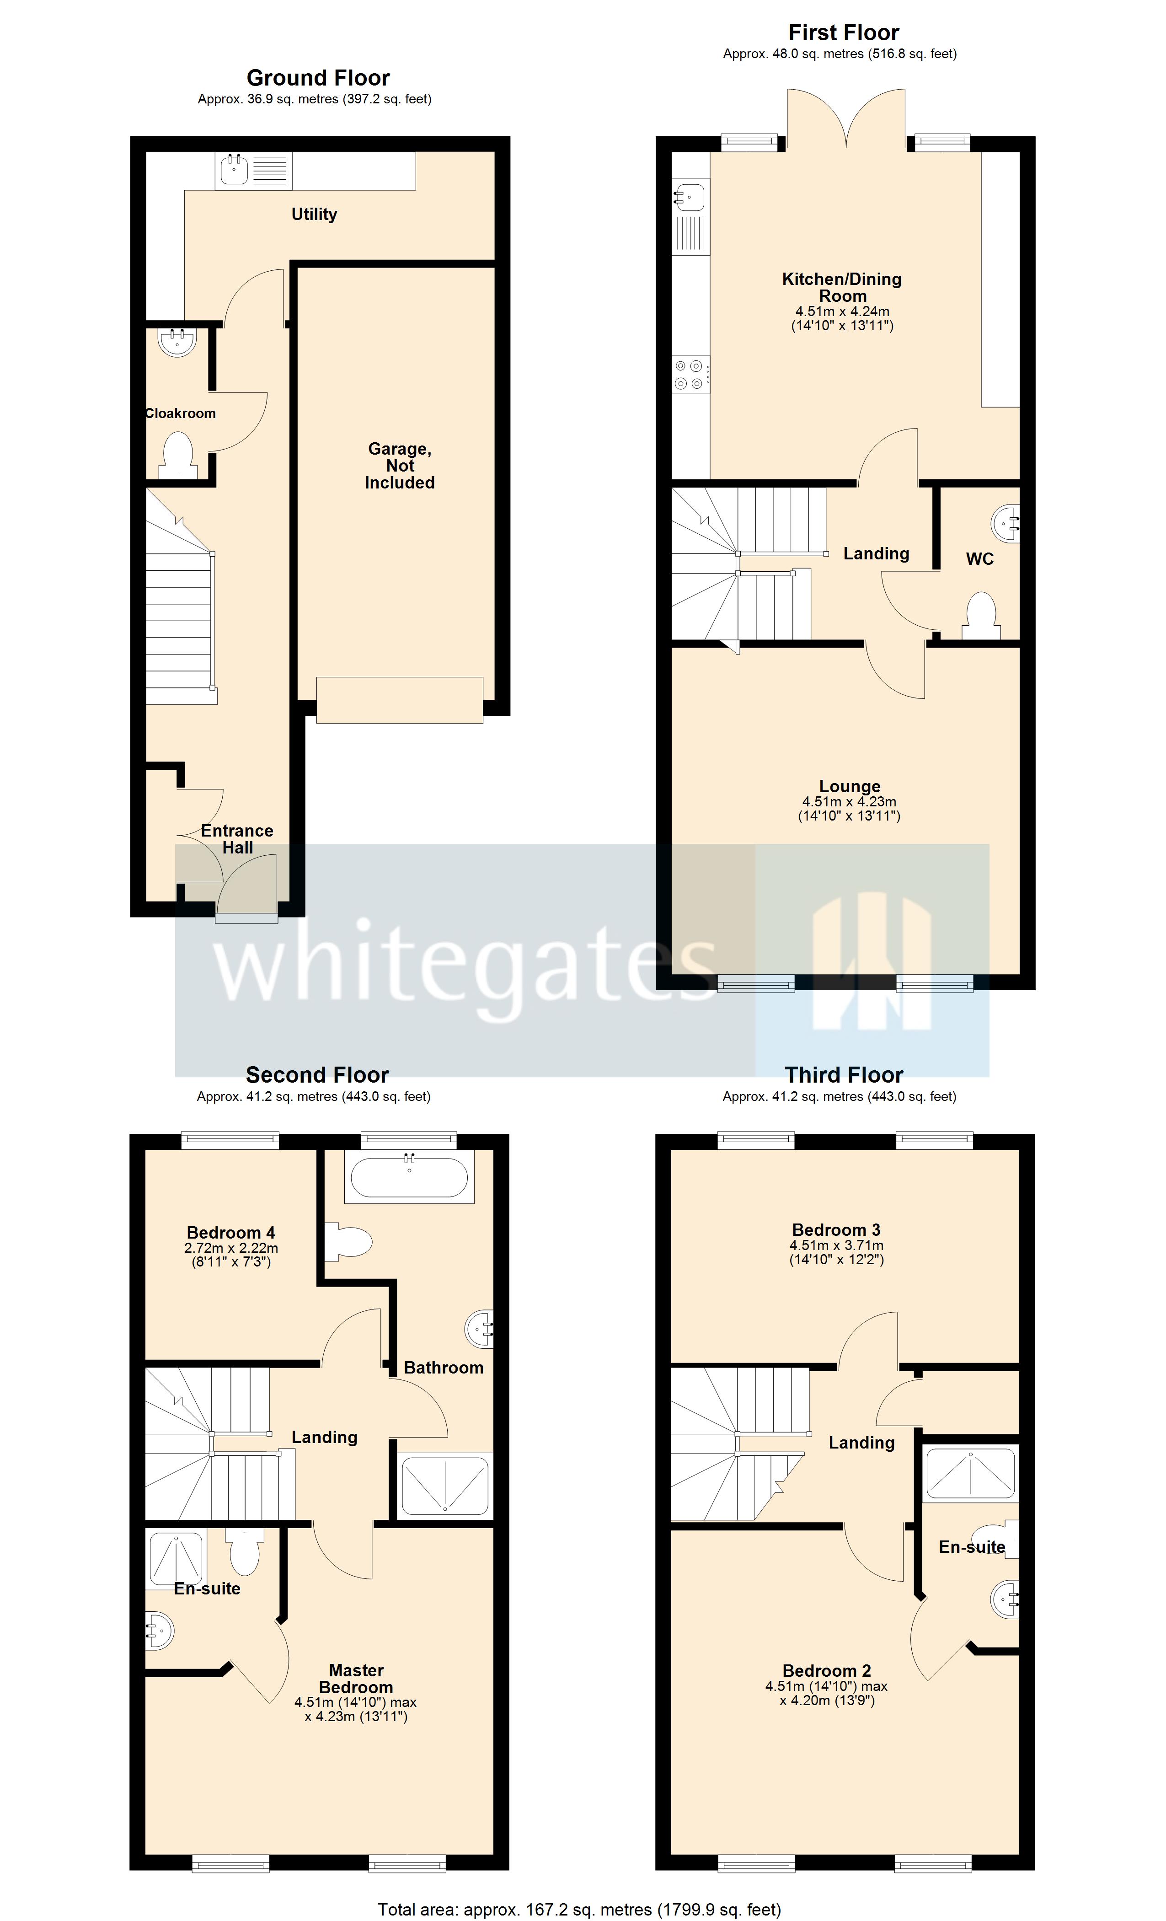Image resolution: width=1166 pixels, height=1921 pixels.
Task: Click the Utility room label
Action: click(x=314, y=215)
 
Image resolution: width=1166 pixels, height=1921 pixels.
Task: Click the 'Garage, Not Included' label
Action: click(x=400, y=466)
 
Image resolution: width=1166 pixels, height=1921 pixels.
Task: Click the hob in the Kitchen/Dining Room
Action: click(x=690, y=374)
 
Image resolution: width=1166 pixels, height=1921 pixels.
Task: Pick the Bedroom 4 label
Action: click(x=231, y=1233)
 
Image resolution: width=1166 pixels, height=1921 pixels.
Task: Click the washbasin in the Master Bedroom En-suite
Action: click(x=160, y=1630)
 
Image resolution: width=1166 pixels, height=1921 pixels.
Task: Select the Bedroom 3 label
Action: click(x=836, y=1229)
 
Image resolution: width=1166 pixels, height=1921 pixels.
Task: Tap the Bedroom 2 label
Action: click(x=826, y=1671)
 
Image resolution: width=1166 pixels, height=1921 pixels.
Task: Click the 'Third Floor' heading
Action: click(x=844, y=1075)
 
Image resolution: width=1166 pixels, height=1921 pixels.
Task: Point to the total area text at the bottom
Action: click(x=579, y=1909)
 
